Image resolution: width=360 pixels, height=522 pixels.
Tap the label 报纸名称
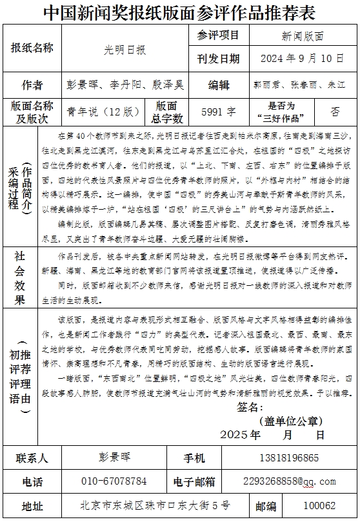[32, 47]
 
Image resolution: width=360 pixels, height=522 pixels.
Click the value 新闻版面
[303, 36]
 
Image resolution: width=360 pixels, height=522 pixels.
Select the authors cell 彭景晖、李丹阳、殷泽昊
[125, 85]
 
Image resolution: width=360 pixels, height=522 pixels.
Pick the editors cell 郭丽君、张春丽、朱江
[299, 85]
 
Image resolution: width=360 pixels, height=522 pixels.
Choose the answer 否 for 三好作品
[335, 111]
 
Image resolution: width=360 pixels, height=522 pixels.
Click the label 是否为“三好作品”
[281, 111]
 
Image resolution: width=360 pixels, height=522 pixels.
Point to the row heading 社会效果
[19, 277]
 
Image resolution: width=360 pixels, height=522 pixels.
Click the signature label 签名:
[250, 407]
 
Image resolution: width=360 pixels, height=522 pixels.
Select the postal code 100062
[319, 506]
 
